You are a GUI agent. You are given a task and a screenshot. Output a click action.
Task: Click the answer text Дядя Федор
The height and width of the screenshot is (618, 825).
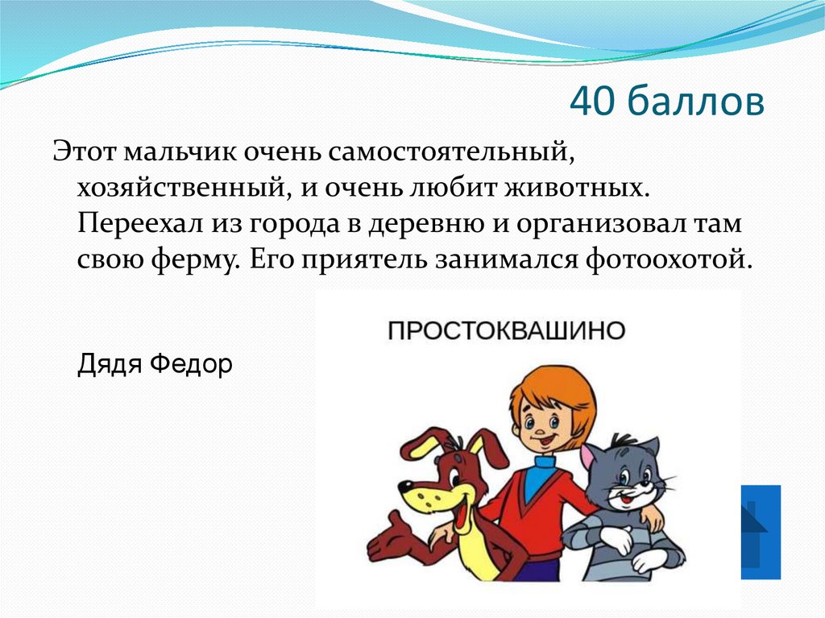[x=155, y=365]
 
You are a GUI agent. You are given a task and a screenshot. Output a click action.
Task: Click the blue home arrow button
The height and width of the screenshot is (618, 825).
[x=760, y=532]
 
